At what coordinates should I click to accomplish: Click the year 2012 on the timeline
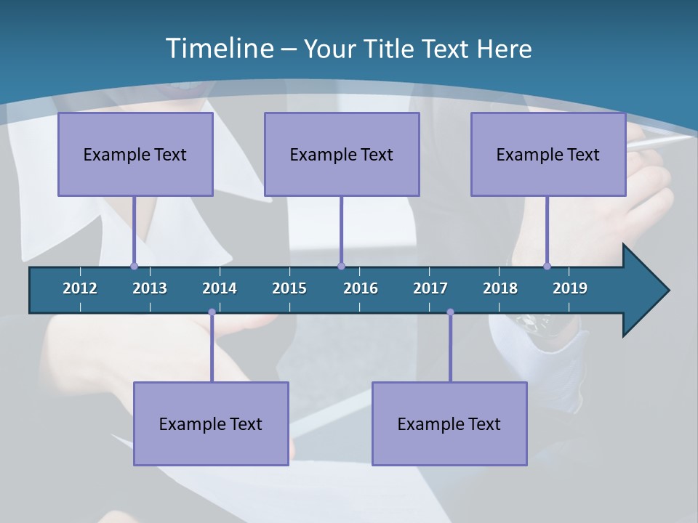click(80, 288)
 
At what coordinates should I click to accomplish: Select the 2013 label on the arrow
click(150, 288)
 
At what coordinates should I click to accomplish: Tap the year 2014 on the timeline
click(220, 288)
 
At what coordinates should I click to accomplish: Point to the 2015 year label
click(289, 288)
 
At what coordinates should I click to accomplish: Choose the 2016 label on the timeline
click(361, 288)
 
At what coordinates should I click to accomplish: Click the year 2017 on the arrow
click(430, 288)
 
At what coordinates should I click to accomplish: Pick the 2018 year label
click(500, 288)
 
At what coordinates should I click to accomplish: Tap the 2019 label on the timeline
click(570, 288)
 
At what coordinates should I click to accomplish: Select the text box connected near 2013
click(135, 154)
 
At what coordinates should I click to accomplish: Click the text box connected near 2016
click(342, 154)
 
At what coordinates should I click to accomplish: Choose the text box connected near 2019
click(548, 154)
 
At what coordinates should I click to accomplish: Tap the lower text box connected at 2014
click(211, 423)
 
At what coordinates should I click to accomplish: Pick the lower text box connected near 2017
click(449, 423)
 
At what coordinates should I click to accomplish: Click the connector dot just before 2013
click(134, 266)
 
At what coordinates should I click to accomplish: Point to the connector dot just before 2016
click(341, 266)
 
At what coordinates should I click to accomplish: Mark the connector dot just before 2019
click(547, 266)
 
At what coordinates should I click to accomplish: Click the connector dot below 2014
click(212, 312)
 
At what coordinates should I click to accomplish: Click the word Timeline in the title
click(218, 48)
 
